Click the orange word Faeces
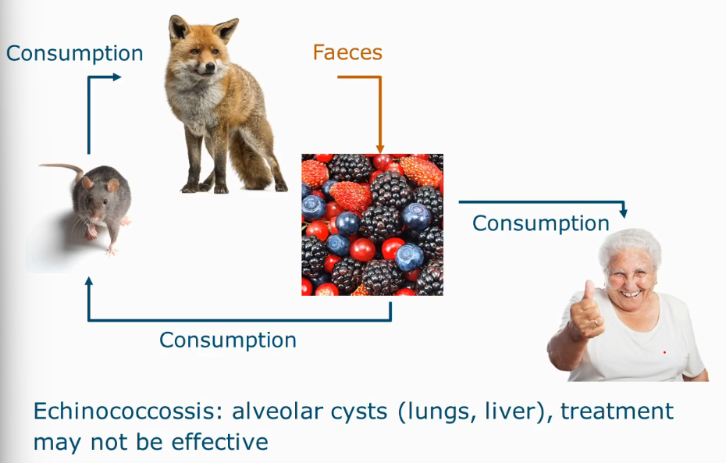pos(347,53)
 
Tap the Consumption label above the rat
pos(74,53)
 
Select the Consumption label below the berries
pos(227,340)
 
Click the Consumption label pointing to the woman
pos(540,223)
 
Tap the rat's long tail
pos(59,167)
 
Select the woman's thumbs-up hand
pos(586,312)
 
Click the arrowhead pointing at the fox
pos(117,77)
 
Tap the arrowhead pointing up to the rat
pos(89,282)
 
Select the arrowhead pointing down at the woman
pos(625,213)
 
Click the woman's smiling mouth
pos(632,294)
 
